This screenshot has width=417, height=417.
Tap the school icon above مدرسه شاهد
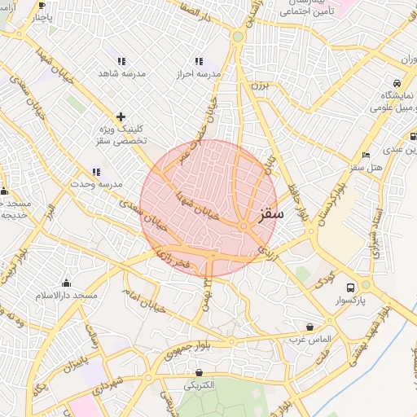(x=121, y=61)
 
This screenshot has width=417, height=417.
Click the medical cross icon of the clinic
(x=121, y=116)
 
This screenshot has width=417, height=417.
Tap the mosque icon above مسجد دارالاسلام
(x=66, y=283)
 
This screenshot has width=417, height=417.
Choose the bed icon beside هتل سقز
(x=367, y=155)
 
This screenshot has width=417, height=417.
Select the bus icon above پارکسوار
(x=350, y=288)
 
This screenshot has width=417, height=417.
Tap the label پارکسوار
(x=350, y=300)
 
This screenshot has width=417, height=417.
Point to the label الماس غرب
(x=309, y=338)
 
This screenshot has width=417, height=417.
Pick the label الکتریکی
(x=200, y=385)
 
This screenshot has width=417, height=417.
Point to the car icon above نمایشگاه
(x=396, y=83)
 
